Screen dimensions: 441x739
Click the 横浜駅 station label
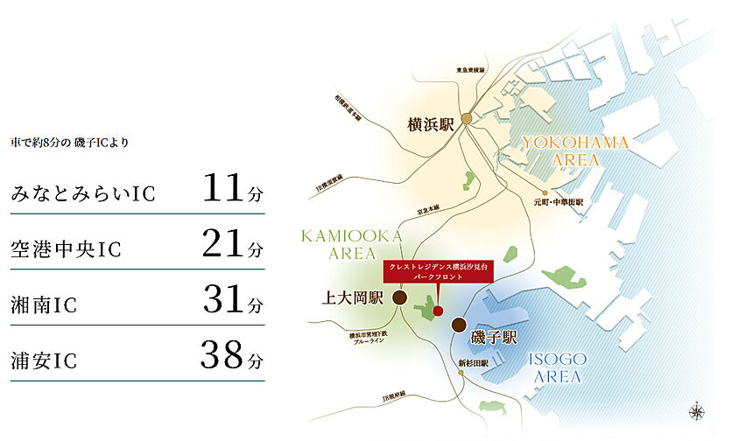(x=431, y=125)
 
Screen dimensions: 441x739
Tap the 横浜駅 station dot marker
(x=468, y=119)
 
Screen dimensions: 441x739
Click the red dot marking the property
(x=438, y=310)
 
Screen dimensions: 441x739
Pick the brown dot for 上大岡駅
(x=399, y=297)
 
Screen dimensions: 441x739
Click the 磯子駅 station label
(x=496, y=335)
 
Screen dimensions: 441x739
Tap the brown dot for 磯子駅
(x=458, y=325)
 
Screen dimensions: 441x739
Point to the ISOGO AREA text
(x=557, y=367)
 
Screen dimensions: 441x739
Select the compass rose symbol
(x=697, y=409)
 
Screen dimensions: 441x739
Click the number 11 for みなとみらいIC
(x=221, y=189)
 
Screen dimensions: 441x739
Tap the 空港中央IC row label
(x=66, y=250)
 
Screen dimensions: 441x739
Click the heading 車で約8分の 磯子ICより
(x=69, y=141)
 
